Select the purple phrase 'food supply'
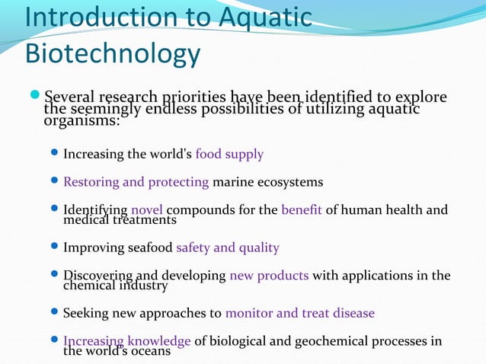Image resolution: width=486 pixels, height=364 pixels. click(x=229, y=155)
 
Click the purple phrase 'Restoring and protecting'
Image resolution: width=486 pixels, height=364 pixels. click(x=136, y=182)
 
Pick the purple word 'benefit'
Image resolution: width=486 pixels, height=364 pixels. click(x=302, y=209)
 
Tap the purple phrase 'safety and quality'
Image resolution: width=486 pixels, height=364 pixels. click(x=227, y=247)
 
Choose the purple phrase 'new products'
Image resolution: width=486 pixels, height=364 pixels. click(x=269, y=275)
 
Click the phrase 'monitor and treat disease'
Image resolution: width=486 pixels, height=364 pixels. click(x=300, y=313)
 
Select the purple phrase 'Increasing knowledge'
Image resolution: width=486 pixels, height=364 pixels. click(x=127, y=340)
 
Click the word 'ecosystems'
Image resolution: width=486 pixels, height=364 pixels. click(x=289, y=182)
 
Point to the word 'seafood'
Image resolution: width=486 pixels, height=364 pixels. click(x=150, y=247)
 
